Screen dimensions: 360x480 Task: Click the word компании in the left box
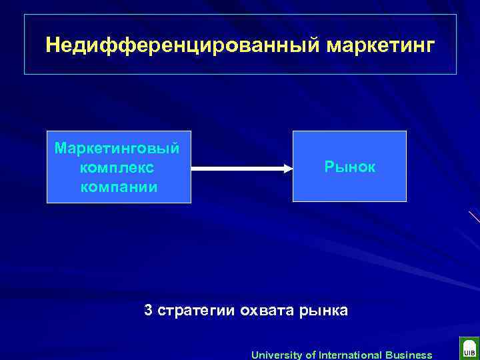[119, 186]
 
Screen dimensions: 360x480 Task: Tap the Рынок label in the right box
[349, 167]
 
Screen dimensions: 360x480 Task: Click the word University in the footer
[276, 355]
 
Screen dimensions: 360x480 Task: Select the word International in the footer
[349, 355]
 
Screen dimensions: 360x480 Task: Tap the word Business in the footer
[408, 355]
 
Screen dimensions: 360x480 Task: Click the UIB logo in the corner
[468, 348]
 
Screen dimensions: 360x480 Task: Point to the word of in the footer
[309, 355]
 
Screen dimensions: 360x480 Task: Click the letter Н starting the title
[52, 45]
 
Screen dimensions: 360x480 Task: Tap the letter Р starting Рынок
[329, 167]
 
